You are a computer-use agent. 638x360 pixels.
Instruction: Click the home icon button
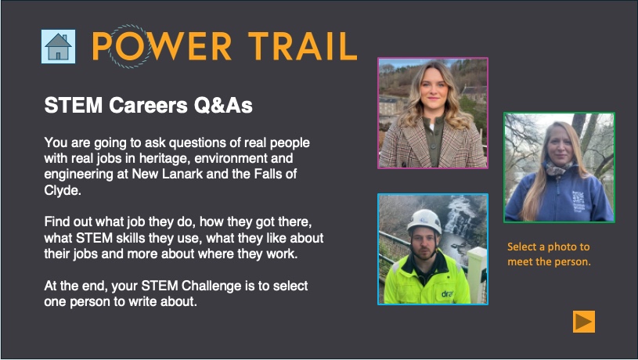tap(58, 46)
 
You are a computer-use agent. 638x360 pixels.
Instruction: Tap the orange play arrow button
tap(584, 322)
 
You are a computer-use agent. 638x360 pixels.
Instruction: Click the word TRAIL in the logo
tap(303, 46)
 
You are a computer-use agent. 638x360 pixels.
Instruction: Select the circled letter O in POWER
tap(128, 46)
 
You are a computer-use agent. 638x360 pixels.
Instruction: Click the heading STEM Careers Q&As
tap(148, 105)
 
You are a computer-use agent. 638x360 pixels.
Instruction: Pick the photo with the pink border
tap(433, 113)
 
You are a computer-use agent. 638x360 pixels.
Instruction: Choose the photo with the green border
tap(559, 167)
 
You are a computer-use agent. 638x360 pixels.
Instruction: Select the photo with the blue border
tap(433, 249)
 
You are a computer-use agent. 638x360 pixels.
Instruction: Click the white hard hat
tap(424, 221)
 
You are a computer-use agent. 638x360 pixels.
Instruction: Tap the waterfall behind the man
tap(460, 220)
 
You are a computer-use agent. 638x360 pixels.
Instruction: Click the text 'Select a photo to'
tap(548, 247)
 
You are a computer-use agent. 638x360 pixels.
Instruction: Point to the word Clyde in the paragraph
tap(63, 190)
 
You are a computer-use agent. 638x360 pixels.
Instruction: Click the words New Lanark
tap(168, 174)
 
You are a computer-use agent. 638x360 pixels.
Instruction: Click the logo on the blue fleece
tap(579, 201)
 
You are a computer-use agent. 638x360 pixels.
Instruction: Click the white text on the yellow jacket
tap(447, 293)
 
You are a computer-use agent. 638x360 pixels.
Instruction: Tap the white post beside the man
tap(477, 274)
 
